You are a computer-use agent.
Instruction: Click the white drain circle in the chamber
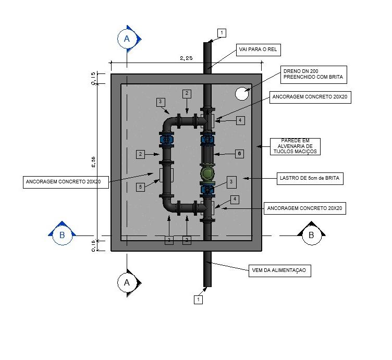pyautogui.click(x=242, y=94)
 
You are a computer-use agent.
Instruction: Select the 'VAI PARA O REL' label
pyautogui.click(x=258, y=49)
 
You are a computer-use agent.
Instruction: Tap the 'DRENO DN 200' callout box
pyautogui.click(x=313, y=75)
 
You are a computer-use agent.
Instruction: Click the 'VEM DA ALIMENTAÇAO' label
pyautogui.click(x=279, y=270)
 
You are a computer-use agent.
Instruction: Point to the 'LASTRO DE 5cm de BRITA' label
pyautogui.click(x=310, y=178)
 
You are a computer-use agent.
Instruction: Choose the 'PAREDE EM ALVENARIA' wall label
pyautogui.click(x=295, y=146)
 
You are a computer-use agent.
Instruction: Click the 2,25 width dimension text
pyautogui.click(x=186, y=58)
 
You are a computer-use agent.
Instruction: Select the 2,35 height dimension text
pyautogui.click(x=93, y=162)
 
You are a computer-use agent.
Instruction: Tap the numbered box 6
pyautogui.click(x=239, y=154)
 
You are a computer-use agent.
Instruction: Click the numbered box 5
pyautogui.click(x=141, y=187)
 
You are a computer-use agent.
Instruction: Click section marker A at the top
pyautogui.click(x=127, y=39)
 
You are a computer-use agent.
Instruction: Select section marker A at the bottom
pyautogui.click(x=127, y=283)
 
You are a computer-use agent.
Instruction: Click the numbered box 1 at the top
pyautogui.click(x=222, y=33)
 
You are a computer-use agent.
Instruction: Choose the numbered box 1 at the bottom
pyautogui.click(x=198, y=300)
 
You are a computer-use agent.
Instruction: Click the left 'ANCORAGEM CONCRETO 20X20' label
pyautogui.click(x=66, y=182)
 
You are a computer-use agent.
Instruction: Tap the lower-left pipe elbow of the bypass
pyautogui.click(x=168, y=204)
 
